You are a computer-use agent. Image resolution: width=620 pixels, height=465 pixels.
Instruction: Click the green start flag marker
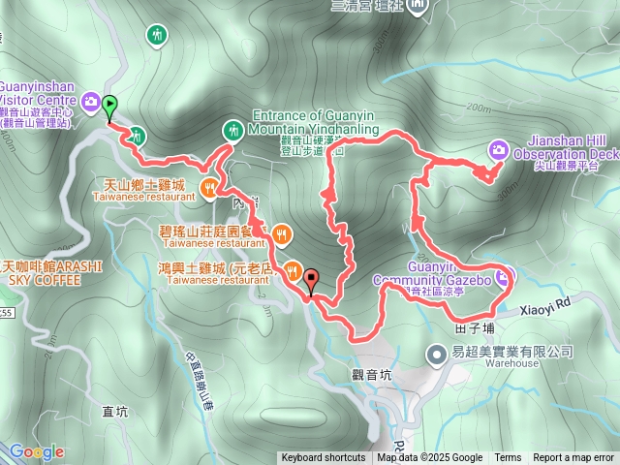[110, 106]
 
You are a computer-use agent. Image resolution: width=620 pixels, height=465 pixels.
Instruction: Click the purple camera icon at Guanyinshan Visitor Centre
[90, 100]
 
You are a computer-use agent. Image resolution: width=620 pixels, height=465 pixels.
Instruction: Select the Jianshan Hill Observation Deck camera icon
[499, 149]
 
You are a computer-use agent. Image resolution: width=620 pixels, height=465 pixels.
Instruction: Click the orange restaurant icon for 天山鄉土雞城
[208, 188]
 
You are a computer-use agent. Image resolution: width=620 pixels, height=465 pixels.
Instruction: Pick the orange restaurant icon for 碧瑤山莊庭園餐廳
[281, 232]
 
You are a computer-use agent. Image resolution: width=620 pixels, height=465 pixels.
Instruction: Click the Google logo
[37, 451]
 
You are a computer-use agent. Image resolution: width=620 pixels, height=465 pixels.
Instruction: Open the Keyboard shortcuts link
[324, 458]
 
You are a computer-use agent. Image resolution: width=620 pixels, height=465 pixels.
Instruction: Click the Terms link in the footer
[508, 458]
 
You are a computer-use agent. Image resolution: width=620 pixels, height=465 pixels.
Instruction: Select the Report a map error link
[573, 458]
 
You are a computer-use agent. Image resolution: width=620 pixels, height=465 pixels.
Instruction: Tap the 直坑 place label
[114, 411]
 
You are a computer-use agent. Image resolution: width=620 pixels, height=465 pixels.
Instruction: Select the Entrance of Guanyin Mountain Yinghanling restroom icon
[233, 129]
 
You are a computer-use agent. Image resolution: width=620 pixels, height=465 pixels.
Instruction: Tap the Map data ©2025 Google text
[430, 458]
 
